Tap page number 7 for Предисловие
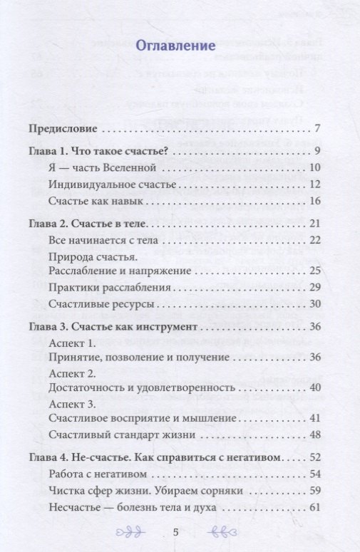click(x=317, y=130)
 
